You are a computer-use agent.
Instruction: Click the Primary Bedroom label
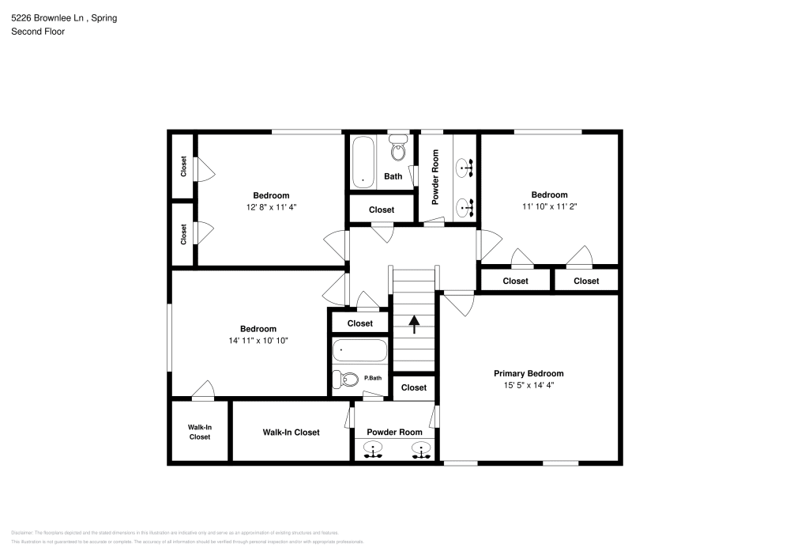point(529,373)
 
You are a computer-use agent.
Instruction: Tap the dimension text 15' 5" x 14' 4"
point(529,385)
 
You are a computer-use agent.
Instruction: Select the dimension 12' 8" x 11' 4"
point(271,207)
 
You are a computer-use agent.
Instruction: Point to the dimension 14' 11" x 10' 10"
point(258,341)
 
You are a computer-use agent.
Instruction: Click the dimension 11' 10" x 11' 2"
point(549,206)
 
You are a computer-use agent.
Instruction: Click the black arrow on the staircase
point(413,323)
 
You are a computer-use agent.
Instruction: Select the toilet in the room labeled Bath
point(398,149)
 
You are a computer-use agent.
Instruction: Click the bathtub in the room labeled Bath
point(363,161)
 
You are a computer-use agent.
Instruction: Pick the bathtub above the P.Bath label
point(359,349)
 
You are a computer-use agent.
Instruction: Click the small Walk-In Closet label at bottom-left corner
point(199,432)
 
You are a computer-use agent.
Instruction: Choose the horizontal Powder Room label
point(394,432)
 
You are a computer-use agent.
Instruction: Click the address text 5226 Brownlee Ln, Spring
point(64,17)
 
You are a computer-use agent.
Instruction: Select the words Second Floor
point(38,32)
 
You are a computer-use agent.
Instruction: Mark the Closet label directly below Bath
point(382,210)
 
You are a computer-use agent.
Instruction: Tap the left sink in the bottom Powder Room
point(371,451)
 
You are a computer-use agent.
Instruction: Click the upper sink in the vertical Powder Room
point(465,167)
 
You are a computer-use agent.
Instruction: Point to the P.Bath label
point(373,378)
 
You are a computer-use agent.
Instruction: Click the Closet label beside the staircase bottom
point(413,387)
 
